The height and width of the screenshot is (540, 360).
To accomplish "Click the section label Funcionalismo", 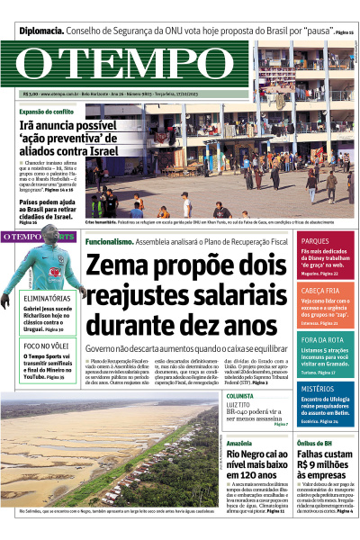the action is click(x=109, y=242).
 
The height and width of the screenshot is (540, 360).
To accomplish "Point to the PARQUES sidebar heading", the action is click(x=315, y=241).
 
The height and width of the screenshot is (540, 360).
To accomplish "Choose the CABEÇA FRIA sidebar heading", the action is click(x=320, y=291).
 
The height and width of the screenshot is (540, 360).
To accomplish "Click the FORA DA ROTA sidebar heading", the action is click(x=322, y=338).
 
